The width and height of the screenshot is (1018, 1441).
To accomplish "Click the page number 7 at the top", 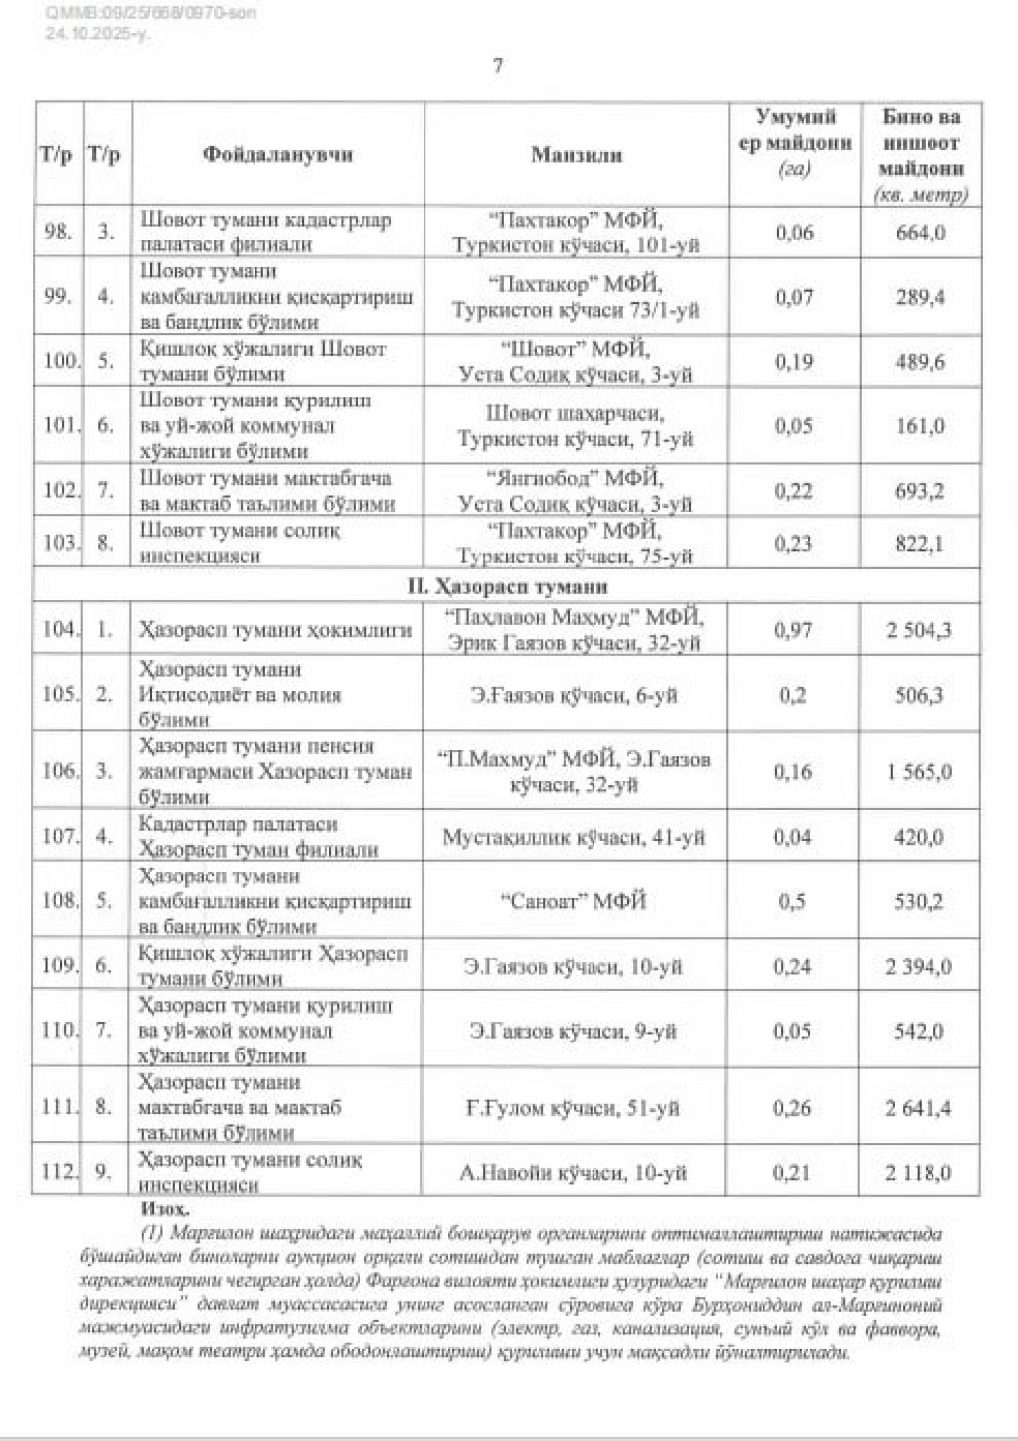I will point(498,66).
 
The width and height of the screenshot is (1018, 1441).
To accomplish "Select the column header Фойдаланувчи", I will point(277,154).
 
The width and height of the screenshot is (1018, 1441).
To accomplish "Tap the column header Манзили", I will point(577,154).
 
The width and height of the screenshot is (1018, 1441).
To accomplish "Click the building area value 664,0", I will point(920,233).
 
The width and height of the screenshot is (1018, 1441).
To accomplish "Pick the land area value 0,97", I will point(793,629).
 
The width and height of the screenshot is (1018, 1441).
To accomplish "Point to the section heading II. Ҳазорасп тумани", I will point(507,586).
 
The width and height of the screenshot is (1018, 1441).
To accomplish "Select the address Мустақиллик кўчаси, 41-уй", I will point(574,837).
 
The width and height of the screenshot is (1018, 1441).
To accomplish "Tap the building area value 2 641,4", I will point(919,1107).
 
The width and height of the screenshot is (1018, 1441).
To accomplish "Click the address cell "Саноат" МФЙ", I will point(574,901).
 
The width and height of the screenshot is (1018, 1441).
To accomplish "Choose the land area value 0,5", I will point(792,901).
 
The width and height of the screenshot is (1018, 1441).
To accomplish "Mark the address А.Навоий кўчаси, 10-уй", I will point(574,1173).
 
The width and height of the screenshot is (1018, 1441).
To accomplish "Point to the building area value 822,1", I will point(920,543).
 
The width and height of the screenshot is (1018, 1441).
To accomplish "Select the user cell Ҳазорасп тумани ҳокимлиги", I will point(274,629).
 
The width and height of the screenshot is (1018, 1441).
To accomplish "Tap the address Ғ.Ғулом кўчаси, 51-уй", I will point(574,1107).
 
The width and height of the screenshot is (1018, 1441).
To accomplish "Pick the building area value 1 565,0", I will point(919,771).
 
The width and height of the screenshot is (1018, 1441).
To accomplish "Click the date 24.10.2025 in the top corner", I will point(95,33).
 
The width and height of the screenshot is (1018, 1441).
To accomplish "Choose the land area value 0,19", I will point(793,362).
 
